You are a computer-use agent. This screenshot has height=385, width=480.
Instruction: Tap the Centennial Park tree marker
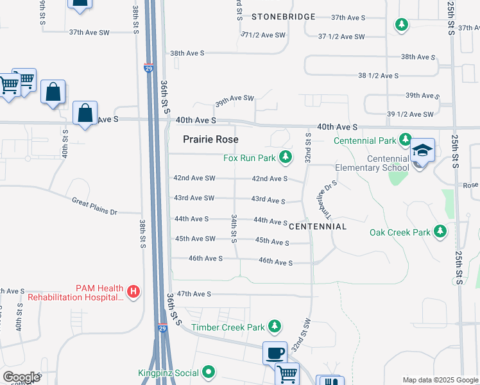coord(405,139)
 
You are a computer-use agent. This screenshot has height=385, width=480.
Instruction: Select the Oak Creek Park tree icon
coord(440,232)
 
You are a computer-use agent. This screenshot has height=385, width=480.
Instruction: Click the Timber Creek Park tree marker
coord(275,327)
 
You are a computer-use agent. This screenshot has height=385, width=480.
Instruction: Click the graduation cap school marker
coord(423,151)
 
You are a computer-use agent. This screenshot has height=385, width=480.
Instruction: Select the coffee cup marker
coord(275,353)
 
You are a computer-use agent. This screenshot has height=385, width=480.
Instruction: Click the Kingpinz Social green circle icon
coord(209,372)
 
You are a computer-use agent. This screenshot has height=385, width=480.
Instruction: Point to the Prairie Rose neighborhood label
coord(210,139)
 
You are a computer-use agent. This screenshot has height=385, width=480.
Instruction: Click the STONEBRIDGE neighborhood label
coord(284,16)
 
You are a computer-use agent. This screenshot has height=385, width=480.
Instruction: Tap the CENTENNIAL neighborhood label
coord(318,227)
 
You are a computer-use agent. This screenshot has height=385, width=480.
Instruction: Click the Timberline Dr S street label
coord(326,200)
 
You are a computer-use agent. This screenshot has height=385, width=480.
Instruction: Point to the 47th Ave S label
coord(194,294)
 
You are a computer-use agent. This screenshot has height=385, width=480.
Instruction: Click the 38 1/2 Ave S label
coord(378,76)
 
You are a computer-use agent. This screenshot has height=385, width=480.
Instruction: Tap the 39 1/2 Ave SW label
coord(410,114)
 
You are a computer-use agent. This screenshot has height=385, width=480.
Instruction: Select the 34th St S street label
coord(234,228)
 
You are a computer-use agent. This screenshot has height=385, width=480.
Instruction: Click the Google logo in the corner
coord(21,377)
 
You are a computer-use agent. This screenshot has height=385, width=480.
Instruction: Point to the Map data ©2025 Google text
coord(440,380)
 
